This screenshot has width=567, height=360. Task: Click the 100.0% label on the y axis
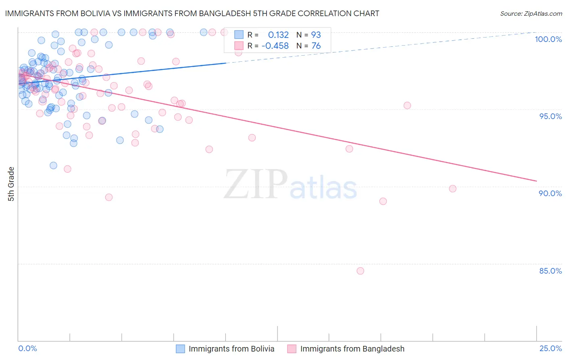coord(548,39)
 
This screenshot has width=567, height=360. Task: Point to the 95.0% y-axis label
coord(550,116)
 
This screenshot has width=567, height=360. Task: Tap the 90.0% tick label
coord(550,193)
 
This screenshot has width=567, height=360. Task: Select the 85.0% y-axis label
coord(550,271)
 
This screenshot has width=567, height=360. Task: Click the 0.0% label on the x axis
coord(27,348)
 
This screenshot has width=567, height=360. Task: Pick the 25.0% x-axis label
coord(550,348)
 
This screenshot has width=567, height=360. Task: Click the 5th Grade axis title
coord(11,184)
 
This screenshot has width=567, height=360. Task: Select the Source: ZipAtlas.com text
coord(531,14)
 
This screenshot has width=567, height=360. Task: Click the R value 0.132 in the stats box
coord(278,35)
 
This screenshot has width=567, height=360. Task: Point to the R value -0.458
coord(275,46)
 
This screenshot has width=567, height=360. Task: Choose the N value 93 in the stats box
coord(316,35)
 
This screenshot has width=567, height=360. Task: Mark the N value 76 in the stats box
coord(316,46)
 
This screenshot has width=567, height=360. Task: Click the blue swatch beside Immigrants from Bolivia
coord(180,349)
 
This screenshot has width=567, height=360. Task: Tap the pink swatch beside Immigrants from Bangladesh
coord(292,349)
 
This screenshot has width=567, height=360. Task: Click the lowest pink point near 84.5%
coord(360,271)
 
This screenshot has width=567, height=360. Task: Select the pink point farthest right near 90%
coord(452,188)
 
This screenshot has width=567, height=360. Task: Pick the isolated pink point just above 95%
coord(407,105)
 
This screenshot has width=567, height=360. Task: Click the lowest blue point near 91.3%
coord(53,165)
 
